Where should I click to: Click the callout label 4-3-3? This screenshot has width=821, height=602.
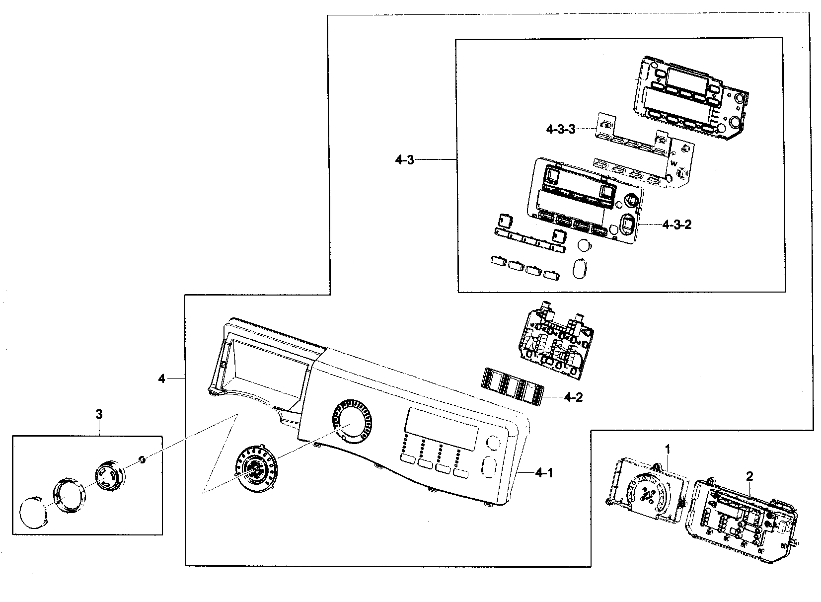(x=560, y=115)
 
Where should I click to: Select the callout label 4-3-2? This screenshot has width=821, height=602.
(x=676, y=225)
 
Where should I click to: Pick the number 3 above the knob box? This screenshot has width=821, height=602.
(x=99, y=414)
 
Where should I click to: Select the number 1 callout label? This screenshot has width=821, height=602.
(x=668, y=449)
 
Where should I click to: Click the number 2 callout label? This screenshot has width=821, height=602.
(x=749, y=476)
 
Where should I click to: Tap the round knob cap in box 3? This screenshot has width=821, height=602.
(x=32, y=515)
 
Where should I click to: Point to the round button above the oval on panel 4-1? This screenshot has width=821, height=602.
(x=493, y=443)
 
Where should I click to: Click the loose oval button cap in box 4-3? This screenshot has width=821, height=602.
(x=580, y=269)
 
